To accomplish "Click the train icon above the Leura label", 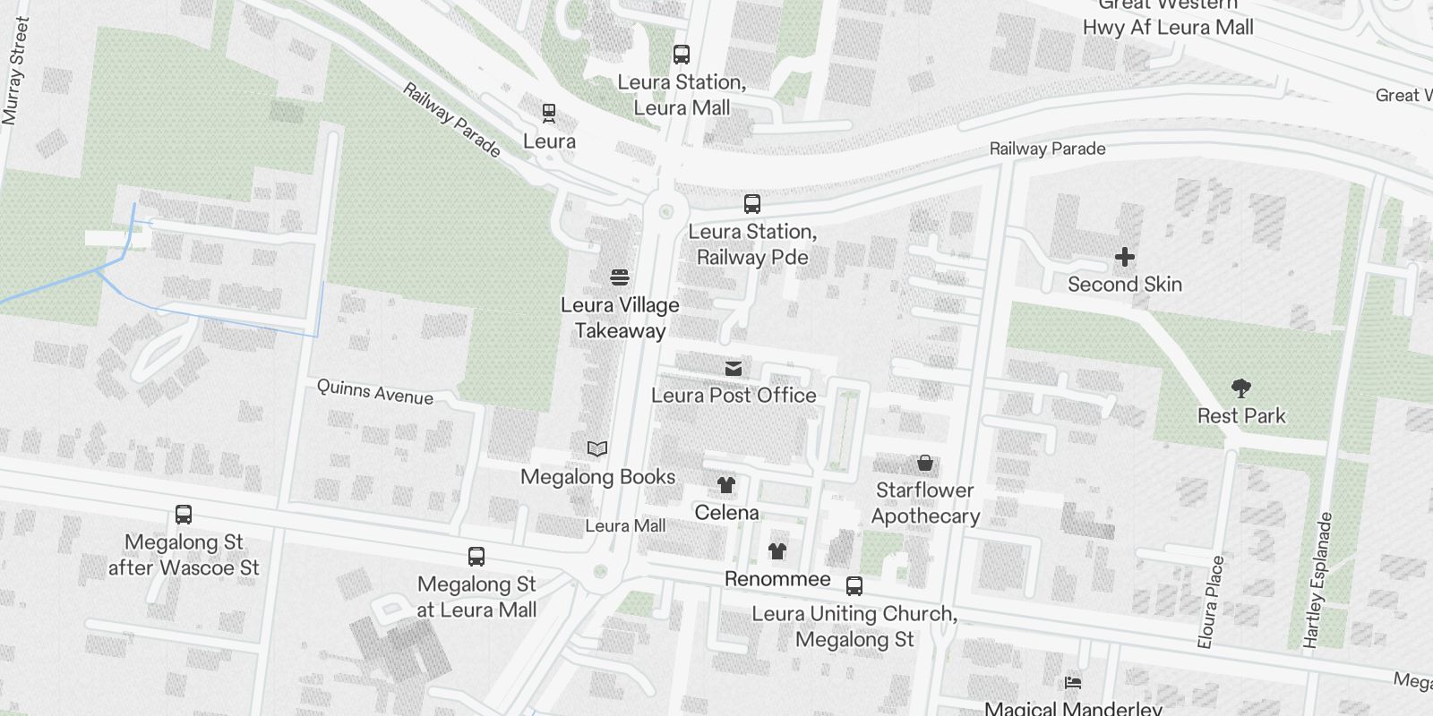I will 549,114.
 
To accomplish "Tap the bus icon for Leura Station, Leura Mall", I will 682,55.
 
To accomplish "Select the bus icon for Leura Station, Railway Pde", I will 752,204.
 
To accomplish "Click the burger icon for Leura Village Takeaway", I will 620,277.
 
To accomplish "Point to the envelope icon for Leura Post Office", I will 734,368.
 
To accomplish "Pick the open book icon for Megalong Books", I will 597,449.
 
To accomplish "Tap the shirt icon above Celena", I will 726,485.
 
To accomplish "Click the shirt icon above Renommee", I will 777,551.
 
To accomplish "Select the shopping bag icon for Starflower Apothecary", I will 925,463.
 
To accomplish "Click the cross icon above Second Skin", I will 1125,258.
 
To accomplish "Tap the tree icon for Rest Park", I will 1241,388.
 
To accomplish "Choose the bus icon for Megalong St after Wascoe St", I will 184,515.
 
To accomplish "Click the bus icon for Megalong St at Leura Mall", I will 476,557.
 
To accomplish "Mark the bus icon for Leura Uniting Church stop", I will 854,586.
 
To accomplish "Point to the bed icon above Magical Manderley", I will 1073,683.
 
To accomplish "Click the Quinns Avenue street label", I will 375,391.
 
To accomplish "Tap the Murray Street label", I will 15,72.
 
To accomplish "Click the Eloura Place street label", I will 1211,601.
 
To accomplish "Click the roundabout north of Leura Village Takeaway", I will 665,212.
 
